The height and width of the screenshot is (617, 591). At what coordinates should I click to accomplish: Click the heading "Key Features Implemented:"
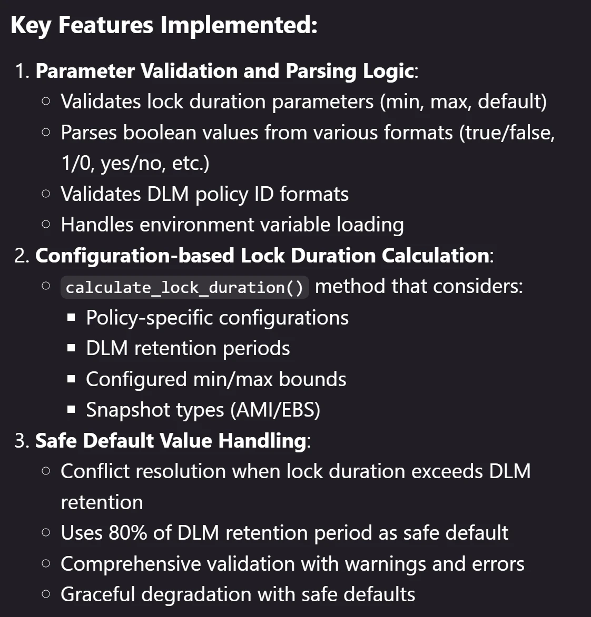164,26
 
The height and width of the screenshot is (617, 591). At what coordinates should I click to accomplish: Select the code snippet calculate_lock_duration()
184,287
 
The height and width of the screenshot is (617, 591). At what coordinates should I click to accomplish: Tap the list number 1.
22,71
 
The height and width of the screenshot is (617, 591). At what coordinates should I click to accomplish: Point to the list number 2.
22,256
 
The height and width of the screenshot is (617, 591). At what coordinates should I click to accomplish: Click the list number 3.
22,441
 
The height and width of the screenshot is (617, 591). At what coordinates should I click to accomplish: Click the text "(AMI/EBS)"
275,410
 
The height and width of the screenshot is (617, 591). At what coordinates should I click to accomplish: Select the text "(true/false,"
507,133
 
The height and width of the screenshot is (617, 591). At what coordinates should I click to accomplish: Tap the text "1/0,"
78,163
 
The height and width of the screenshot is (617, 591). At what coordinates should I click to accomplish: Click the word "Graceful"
98,594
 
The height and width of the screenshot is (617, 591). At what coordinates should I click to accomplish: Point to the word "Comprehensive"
131,564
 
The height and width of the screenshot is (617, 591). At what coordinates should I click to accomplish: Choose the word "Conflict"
95,471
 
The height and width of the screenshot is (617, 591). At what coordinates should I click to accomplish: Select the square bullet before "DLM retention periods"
71,348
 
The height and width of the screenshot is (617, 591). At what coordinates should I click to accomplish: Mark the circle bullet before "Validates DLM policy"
46,194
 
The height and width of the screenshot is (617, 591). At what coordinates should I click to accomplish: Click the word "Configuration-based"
135,256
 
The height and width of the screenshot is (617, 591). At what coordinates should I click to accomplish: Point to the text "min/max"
233,379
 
